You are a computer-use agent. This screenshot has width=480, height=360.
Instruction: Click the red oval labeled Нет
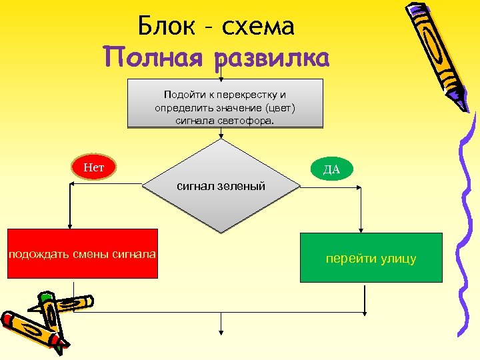coord(93,167)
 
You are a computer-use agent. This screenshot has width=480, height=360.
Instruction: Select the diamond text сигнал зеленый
coord(221,186)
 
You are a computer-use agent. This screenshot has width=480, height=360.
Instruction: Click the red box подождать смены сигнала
coord(82,253)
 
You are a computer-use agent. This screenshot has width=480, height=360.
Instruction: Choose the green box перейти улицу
coord(371,257)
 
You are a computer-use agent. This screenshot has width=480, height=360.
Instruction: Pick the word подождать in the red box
coord(36,253)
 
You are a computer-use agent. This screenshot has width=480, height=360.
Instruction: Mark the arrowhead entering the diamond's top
coord(221,136)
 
